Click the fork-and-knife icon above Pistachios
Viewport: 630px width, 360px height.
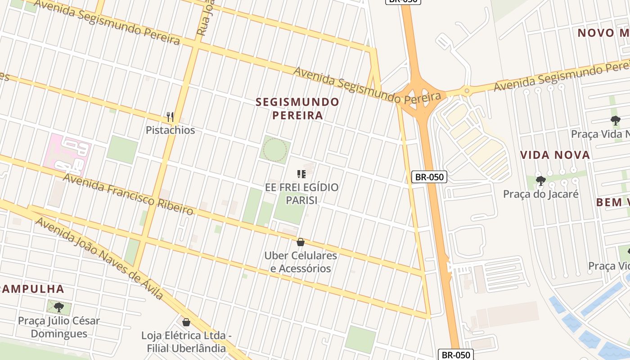point(170,117)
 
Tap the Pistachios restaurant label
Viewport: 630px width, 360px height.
point(170,130)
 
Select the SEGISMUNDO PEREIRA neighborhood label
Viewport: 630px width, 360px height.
point(297,108)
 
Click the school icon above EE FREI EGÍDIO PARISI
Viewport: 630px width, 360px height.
point(301,174)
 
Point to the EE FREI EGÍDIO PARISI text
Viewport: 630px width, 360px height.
point(301,193)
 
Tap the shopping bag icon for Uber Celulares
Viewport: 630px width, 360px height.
point(301,243)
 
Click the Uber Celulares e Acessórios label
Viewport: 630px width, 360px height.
point(301,262)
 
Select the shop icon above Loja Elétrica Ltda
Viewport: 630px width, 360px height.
point(186,322)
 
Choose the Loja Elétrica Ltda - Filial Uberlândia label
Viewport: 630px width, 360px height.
point(186,342)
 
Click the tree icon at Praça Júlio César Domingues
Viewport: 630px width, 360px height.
point(58,307)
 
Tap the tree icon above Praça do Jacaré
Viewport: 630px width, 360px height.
point(540,181)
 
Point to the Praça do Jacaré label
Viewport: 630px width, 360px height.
point(540,194)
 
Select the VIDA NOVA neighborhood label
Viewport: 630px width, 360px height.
point(555,155)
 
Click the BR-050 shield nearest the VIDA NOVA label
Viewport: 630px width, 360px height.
point(429,177)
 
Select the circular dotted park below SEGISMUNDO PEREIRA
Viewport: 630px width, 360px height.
point(274,149)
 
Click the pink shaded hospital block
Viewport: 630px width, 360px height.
point(67,154)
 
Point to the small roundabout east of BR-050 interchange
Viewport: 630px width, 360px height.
point(467,91)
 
